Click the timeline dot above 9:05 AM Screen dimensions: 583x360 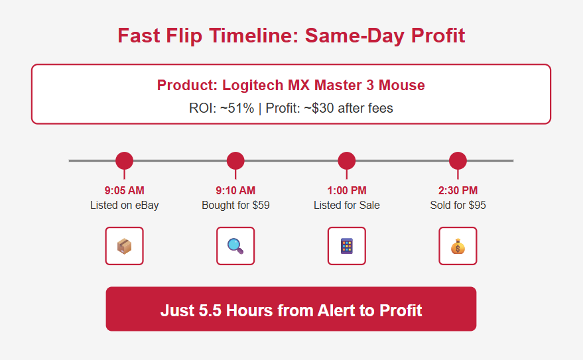coord(124,161)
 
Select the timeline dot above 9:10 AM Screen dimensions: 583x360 coord(235,161)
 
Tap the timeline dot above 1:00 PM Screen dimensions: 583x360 coord(346,161)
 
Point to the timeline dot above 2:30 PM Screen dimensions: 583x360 coord(458,161)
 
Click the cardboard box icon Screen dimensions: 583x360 coord(124,246)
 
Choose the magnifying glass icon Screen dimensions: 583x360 coord(235,246)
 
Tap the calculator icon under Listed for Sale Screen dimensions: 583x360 coord(346,246)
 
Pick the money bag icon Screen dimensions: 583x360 coord(458,247)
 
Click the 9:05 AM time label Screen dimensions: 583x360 coord(124,190)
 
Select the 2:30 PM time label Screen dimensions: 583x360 coord(458,190)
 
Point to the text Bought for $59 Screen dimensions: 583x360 coord(235,205)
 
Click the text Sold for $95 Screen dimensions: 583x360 coord(458,205)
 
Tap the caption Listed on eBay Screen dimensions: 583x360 coord(124,205)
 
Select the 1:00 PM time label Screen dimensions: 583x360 coord(346,190)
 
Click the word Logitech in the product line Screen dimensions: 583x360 coord(253,86)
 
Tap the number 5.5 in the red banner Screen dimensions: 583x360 coord(210,310)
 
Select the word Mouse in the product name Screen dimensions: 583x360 coord(401,86)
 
